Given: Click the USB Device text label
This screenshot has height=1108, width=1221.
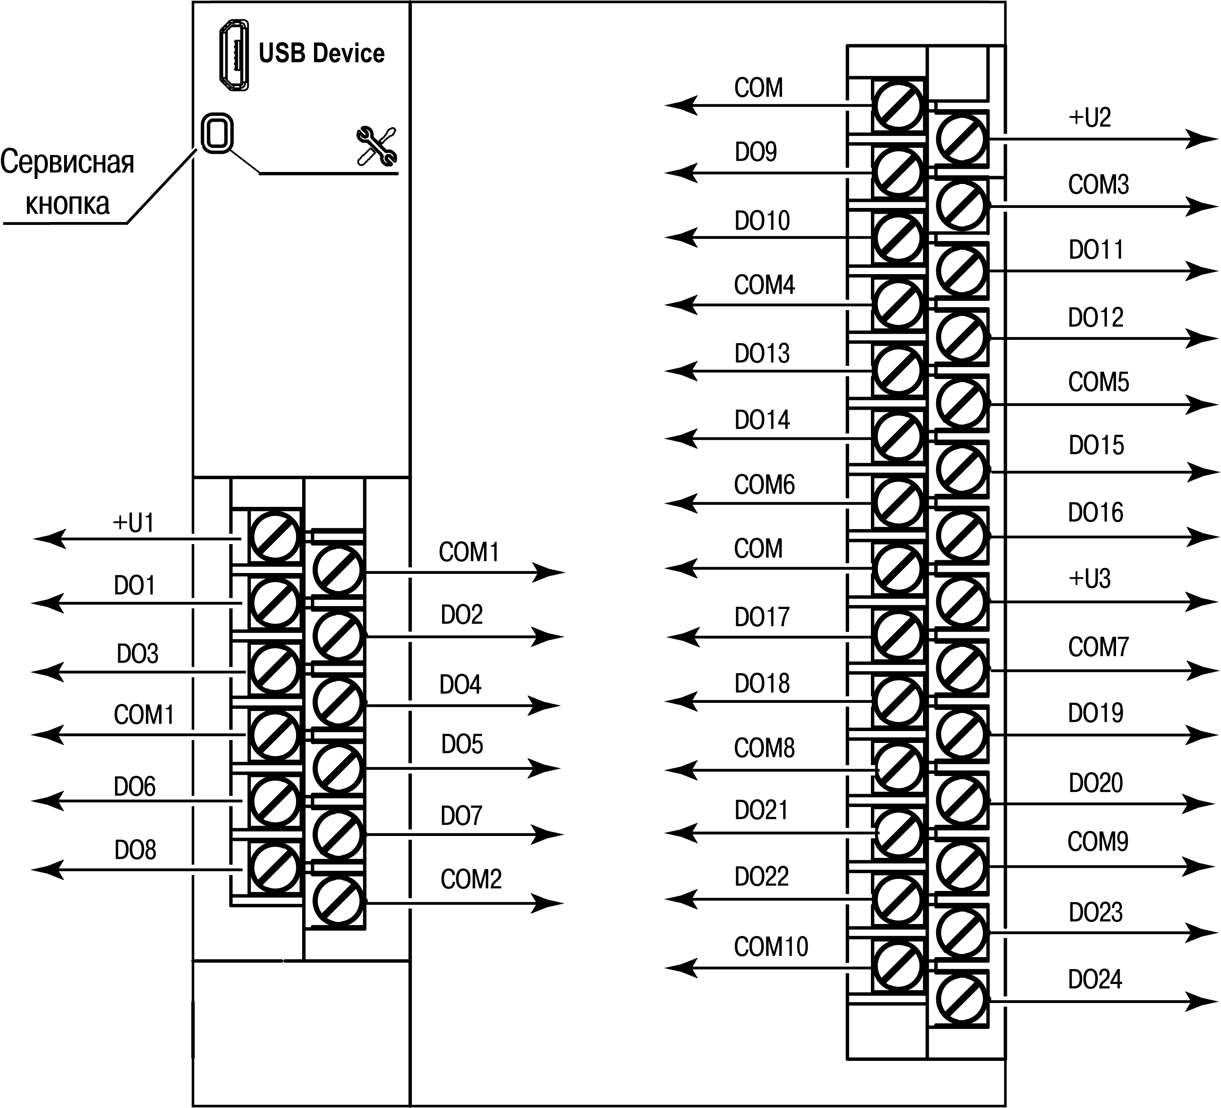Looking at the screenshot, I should click(x=321, y=53).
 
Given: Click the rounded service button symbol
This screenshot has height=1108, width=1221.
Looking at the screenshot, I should click(x=217, y=133).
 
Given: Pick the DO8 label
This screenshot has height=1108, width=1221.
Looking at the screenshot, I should click(x=135, y=850).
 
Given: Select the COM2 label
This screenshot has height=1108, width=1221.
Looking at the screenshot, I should click(x=471, y=879).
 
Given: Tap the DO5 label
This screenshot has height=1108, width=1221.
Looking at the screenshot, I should click(x=462, y=744).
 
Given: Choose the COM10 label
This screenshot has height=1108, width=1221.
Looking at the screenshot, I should click(x=770, y=946).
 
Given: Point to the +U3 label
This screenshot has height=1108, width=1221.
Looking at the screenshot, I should click(x=1090, y=578).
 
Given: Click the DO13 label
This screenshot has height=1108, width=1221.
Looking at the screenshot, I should click(x=762, y=353).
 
